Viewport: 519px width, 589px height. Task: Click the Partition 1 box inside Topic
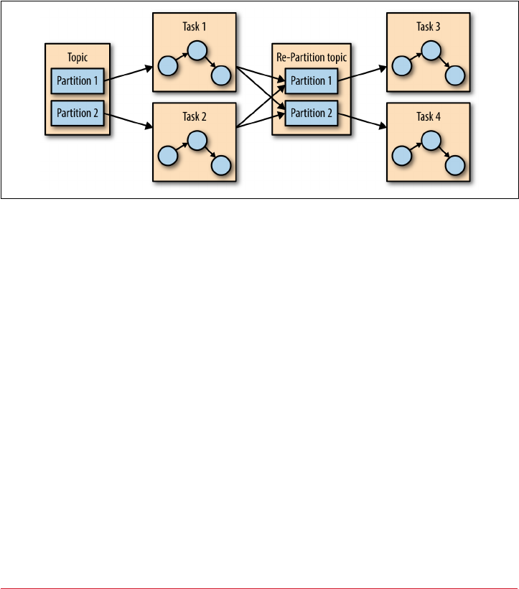(x=78, y=81)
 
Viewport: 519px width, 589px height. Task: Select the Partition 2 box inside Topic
(x=78, y=113)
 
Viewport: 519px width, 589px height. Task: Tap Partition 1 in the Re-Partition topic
(x=311, y=81)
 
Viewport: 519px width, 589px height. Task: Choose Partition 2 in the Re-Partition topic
(x=311, y=113)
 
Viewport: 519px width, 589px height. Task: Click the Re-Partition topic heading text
(x=310, y=56)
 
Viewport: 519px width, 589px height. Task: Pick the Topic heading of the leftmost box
(x=78, y=56)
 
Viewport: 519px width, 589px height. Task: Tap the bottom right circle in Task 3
(x=455, y=75)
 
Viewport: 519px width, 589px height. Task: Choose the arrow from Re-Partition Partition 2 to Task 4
(x=362, y=121)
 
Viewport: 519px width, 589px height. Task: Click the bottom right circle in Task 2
(x=221, y=165)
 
